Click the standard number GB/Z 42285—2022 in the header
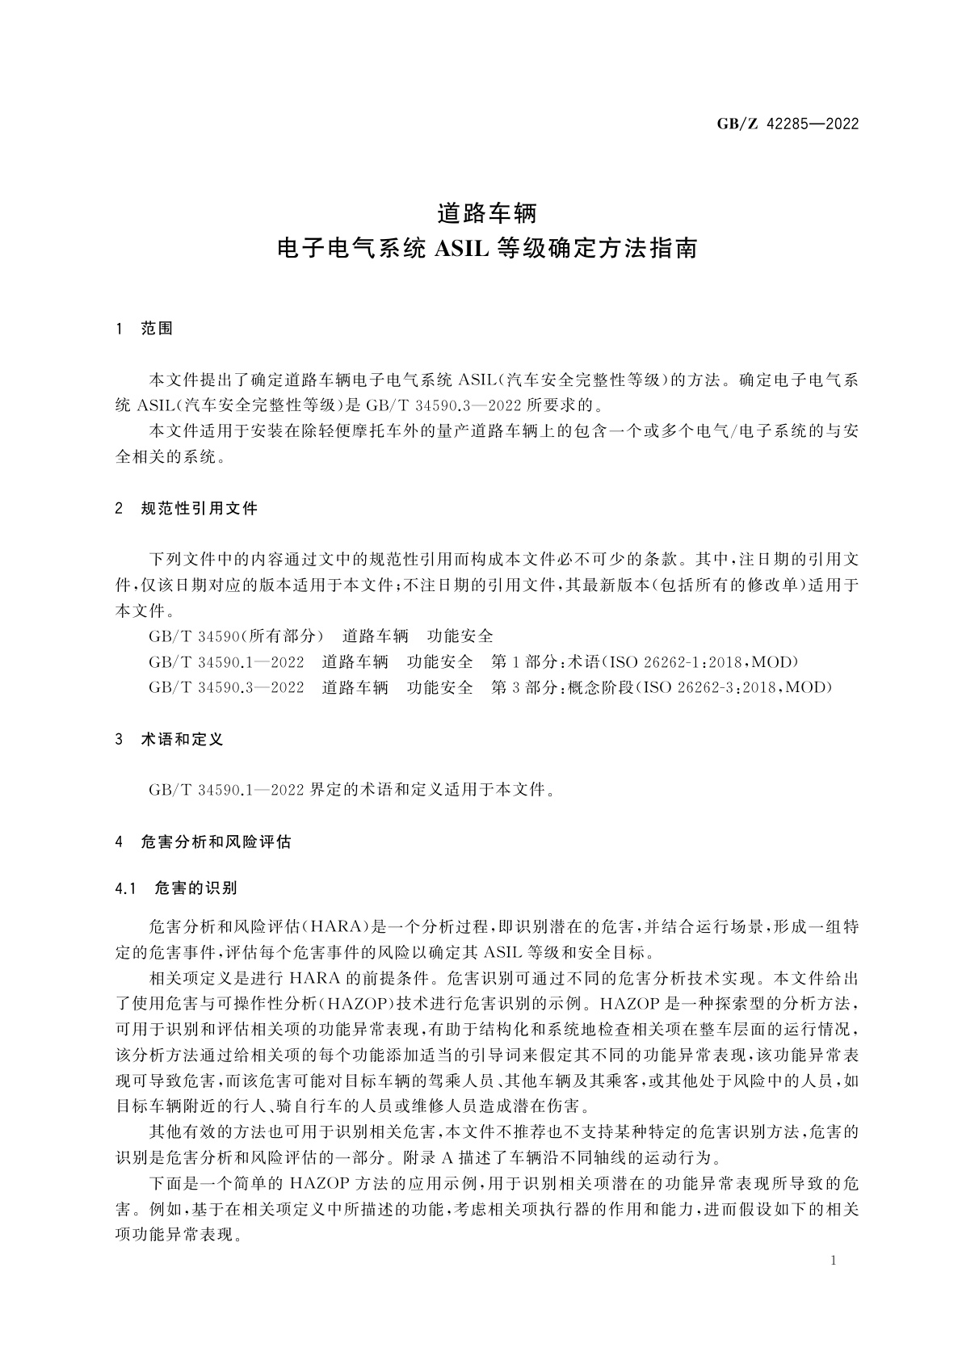788,124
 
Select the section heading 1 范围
145,329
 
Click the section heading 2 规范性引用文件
187,509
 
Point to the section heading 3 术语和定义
169,739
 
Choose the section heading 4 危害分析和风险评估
204,842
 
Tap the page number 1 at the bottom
832,1261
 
